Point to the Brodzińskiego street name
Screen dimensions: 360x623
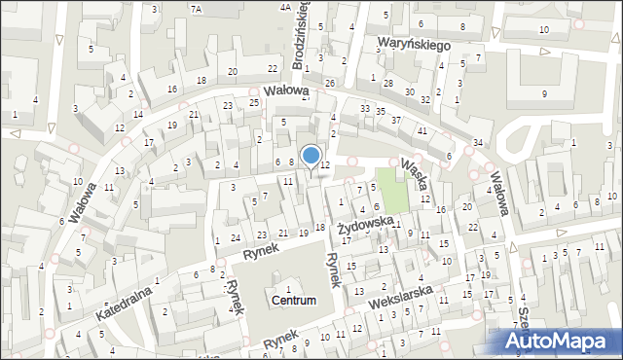click(x=301, y=35)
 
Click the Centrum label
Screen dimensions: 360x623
click(x=294, y=301)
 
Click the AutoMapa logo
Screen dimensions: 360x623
click(x=561, y=342)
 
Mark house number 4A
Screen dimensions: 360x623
click(x=285, y=8)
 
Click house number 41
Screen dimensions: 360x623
click(x=421, y=130)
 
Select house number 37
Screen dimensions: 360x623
click(x=395, y=120)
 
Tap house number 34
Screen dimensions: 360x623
click(x=477, y=143)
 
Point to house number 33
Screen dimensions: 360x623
click(x=364, y=108)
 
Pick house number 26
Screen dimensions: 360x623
click(x=330, y=83)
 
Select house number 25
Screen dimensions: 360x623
click(x=253, y=102)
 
